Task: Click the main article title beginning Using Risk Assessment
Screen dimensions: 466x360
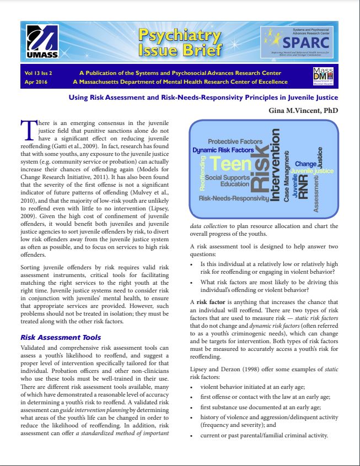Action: (202, 97)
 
